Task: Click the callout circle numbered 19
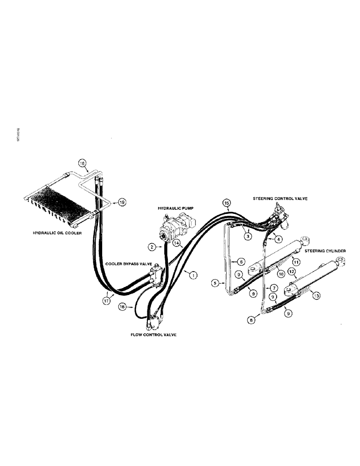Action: pos(122,203)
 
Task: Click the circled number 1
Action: pos(192,275)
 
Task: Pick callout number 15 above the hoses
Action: pos(226,203)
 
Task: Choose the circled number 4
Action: pos(278,240)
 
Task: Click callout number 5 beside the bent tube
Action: pos(215,283)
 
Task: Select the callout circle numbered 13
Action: pos(317,295)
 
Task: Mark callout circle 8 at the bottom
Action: pos(252,320)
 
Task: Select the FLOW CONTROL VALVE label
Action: pos(154,335)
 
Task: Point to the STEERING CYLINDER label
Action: pos(325,251)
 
